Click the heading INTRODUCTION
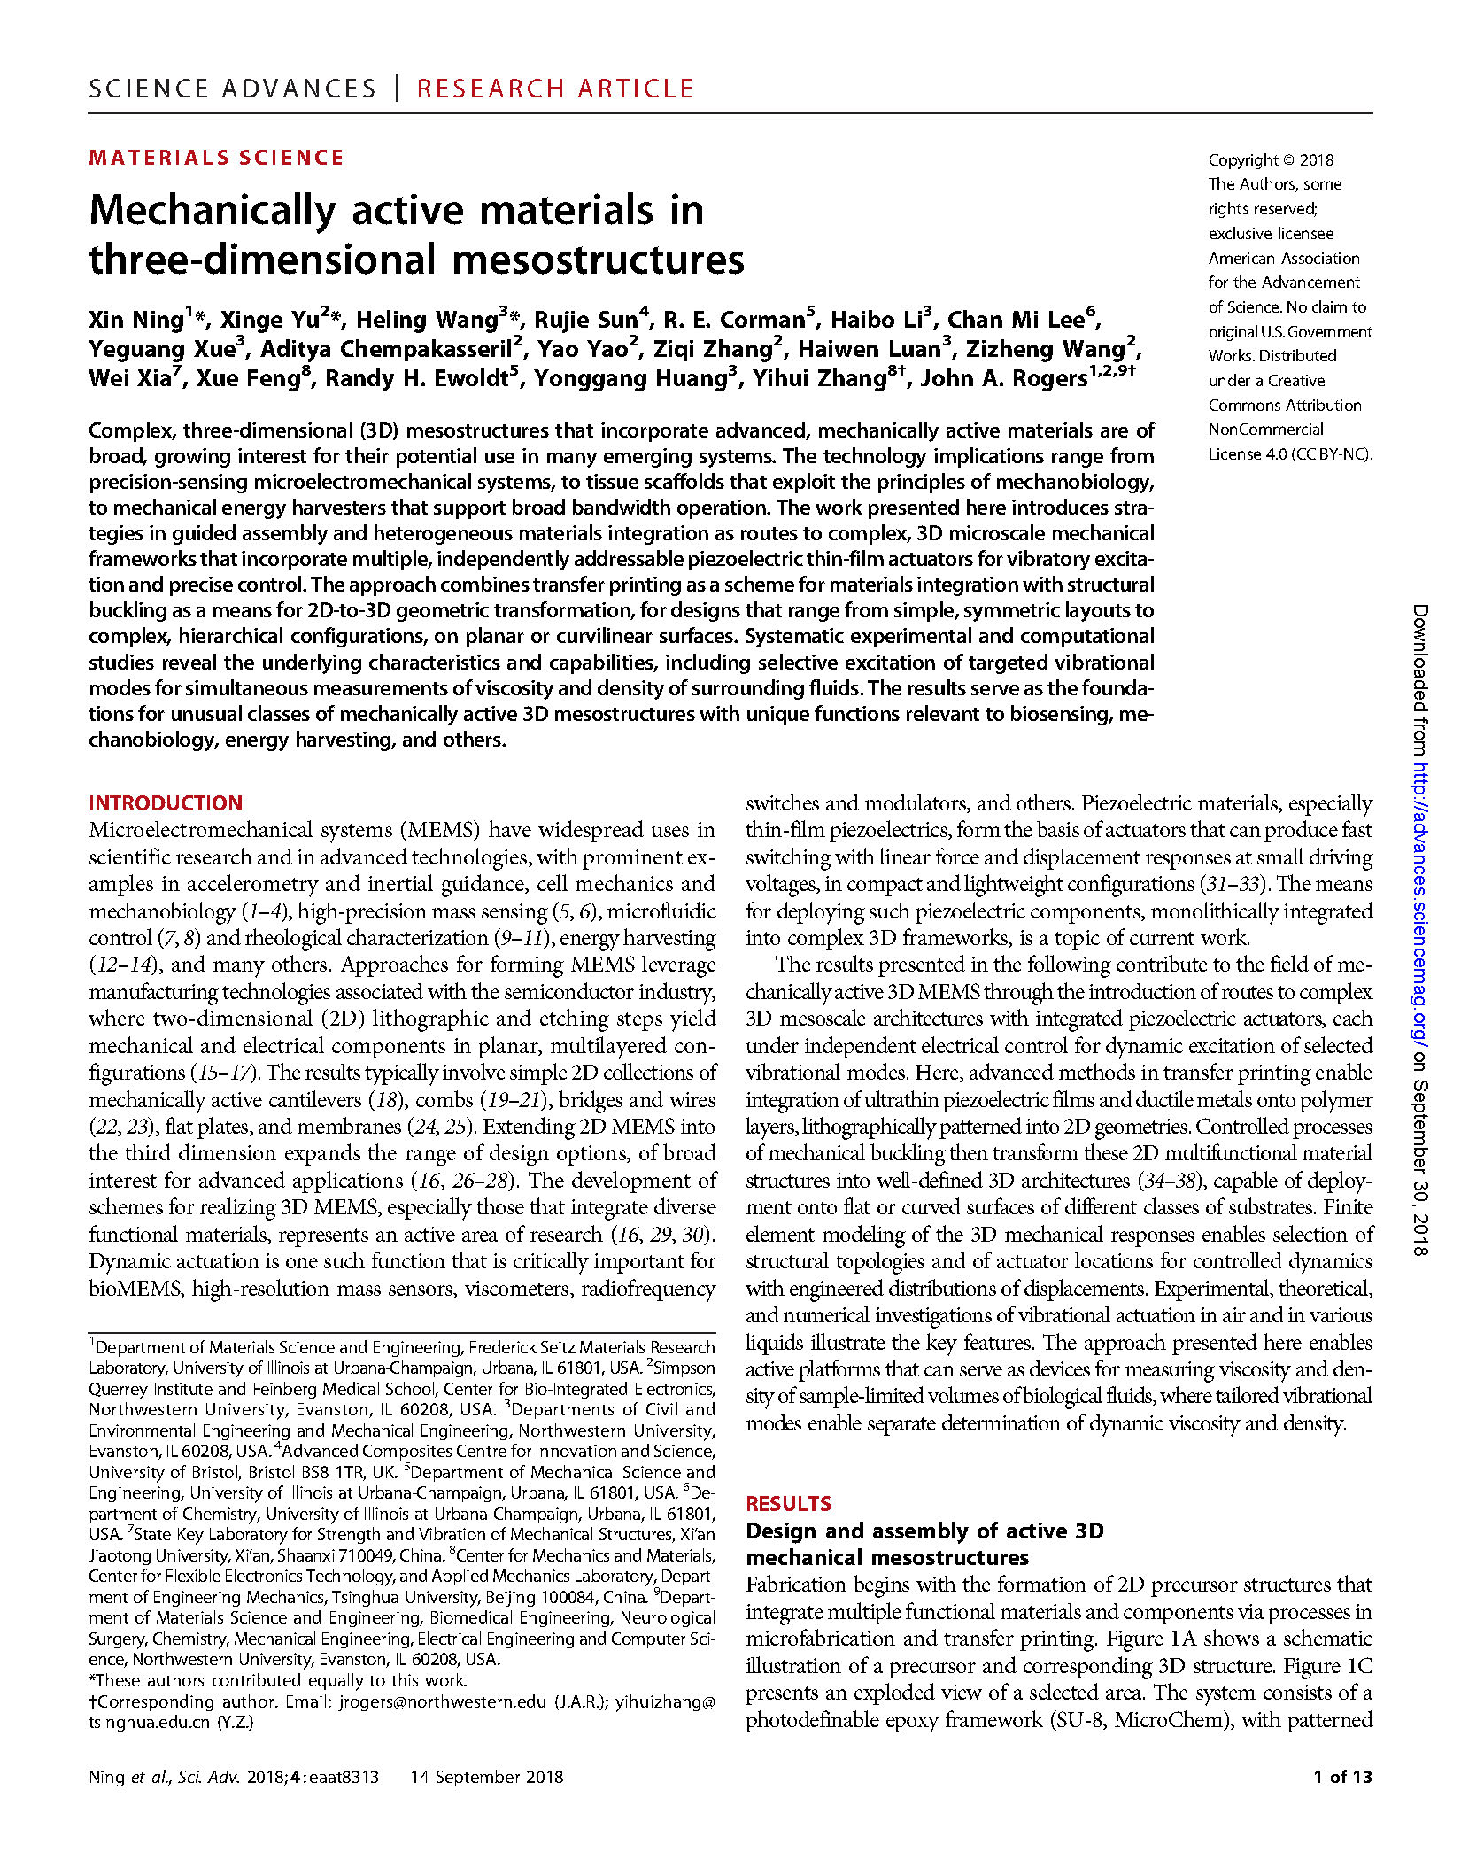(166, 802)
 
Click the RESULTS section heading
(788, 1503)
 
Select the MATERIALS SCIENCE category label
(216, 158)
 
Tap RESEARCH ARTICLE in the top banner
(555, 89)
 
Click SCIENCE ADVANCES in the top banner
(233, 89)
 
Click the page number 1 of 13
(1341, 1776)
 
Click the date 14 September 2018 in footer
(486, 1776)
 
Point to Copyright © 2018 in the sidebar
(1271, 159)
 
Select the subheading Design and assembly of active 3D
(924, 1531)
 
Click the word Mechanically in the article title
(213, 211)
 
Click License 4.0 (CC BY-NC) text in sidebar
(1289, 453)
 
